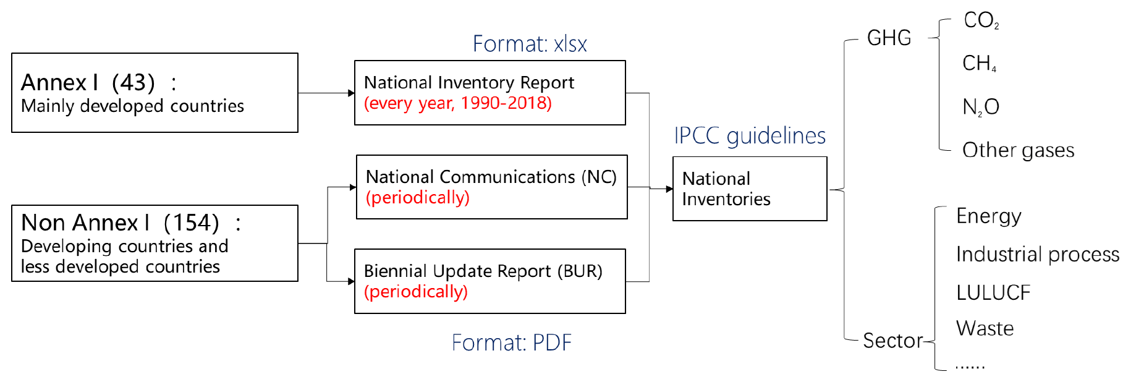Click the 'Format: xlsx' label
coord(530,44)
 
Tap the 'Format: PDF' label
coord(512,342)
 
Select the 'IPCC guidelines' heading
coord(750,136)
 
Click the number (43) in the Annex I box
coord(133,82)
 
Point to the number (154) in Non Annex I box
coord(192,223)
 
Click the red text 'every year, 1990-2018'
coord(458,103)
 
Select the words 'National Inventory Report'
coord(469,82)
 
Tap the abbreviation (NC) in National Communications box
coord(599,177)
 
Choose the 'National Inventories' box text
coord(726,189)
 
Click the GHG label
coord(889,38)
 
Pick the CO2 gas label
coord(981,20)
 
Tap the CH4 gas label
coord(980,63)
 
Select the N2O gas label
coord(981,107)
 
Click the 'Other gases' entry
coord(1019,150)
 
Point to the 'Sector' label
coord(893,341)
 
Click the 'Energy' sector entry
coord(989,216)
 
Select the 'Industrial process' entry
coord(1038,254)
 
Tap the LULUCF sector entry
coord(993,292)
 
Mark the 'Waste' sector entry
coord(985,328)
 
